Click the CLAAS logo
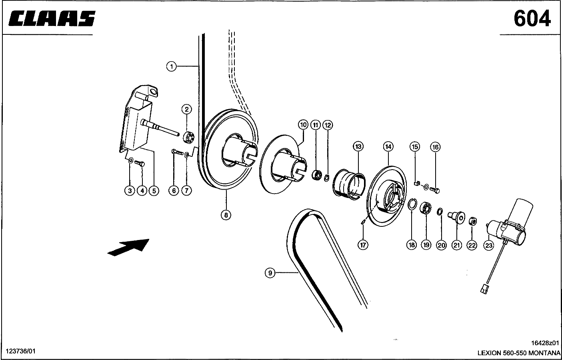click(x=52, y=19)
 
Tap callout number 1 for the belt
click(x=171, y=66)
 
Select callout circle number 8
click(x=226, y=215)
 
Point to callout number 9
click(x=270, y=273)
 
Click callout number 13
click(x=358, y=146)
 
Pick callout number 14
click(x=388, y=146)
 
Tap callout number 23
click(x=489, y=245)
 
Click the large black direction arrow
click(x=128, y=246)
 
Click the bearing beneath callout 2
click(x=188, y=137)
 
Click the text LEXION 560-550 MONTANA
click(x=519, y=353)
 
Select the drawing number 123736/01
click(x=20, y=351)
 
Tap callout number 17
click(x=363, y=245)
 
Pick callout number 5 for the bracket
click(x=154, y=191)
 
